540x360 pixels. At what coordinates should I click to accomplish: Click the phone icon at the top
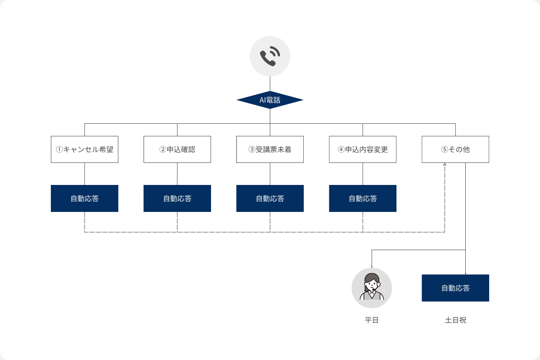click(x=270, y=56)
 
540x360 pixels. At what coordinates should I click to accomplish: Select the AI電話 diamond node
click(x=270, y=100)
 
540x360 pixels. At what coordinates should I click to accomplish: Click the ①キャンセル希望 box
click(x=85, y=149)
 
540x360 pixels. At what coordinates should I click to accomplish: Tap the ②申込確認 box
click(x=177, y=149)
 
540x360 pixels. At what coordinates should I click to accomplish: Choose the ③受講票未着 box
click(x=270, y=149)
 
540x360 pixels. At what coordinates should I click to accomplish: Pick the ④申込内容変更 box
click(x=363, y=149)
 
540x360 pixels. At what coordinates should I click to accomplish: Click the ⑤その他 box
click(x=455, y=149)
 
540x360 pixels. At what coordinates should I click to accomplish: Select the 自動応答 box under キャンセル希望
click(x=85, y=198)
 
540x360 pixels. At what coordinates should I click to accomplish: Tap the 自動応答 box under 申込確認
click(x=177, y=198)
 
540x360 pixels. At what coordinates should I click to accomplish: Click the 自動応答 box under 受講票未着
click(x=270, y=198)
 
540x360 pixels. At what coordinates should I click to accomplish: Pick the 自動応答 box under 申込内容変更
click(x=363, y=198)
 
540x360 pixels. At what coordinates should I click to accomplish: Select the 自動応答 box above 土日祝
click(x=455, y=288)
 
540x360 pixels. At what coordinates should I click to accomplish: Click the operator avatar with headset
click(x=372, y=288)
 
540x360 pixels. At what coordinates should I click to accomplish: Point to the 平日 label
click(x=372, y=321)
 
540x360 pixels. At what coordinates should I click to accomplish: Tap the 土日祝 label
click(x=455, y=321)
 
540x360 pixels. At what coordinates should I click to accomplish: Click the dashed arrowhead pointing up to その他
click(x=445, y=165)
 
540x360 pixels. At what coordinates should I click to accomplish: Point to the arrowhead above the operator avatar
click(x=372, y=266)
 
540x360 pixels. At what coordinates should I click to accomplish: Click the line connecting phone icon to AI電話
click(x=270, y=84)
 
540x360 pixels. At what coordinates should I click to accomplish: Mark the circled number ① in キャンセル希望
click(x=58, y=149)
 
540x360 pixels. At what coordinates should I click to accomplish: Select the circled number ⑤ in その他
click(x=445, y=149)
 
